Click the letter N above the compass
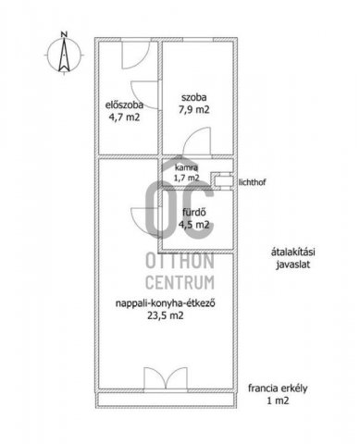64,34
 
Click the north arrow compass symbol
64,55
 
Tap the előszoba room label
124,105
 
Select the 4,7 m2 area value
124,117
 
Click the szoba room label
194,98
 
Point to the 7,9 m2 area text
194,110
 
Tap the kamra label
186,168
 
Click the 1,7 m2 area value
187,178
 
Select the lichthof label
252,182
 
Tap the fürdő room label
194,213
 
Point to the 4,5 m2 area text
194,225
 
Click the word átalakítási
292,253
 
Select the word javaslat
292,265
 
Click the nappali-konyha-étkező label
166,303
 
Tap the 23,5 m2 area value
166,315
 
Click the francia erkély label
278,388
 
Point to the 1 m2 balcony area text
278,401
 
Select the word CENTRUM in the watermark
180,282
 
